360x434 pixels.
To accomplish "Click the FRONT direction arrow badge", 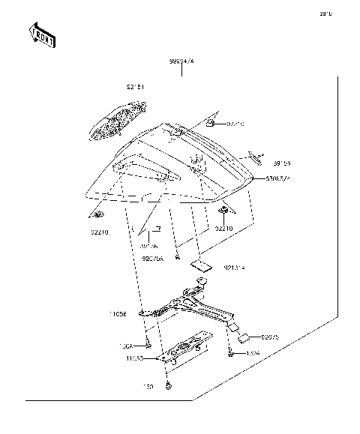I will coord(41,34).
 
